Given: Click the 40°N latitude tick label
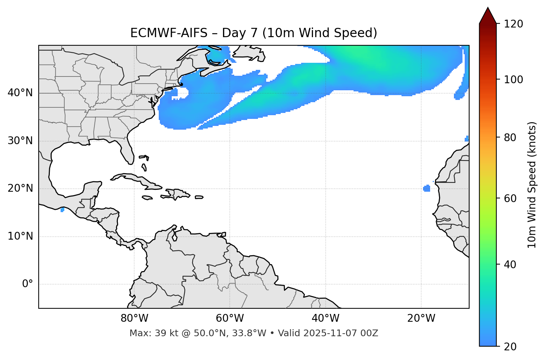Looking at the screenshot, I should [x=20, y=93].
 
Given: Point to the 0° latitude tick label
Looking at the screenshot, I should [x=28, y=284].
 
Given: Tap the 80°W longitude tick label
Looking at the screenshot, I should [x=134, y=318].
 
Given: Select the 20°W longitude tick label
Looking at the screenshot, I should [x=421, y=318].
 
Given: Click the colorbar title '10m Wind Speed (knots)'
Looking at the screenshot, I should [x=532, y=185].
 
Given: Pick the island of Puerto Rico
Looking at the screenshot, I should [x=199, y=197].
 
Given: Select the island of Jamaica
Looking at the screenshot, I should [x=147, y=198].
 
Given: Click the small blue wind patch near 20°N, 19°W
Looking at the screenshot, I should [x=427, y=188].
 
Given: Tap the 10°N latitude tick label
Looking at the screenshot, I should [x=20, y=236].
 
